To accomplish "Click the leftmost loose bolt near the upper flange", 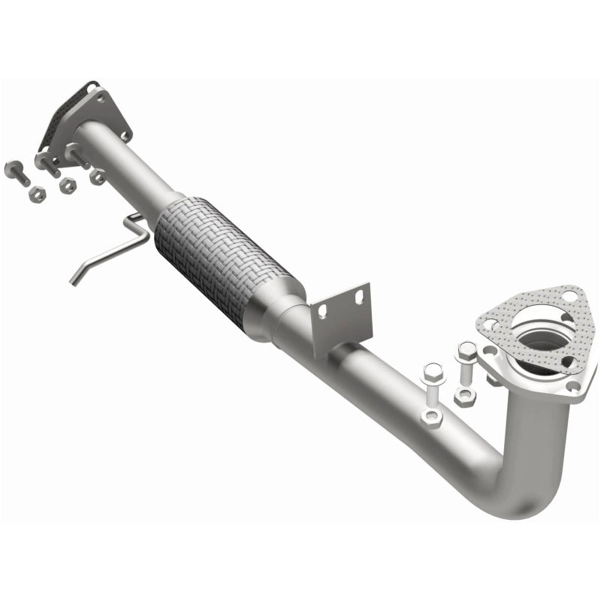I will [x=17, y=172].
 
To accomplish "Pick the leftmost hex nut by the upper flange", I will [x=36, y=195].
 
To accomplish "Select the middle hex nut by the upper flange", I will [x=68, y=186].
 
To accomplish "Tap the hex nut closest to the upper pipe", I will [x=97, y=177].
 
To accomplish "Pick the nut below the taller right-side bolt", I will [x=463, y=397].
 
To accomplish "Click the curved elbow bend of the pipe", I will [x=526, y=481].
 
